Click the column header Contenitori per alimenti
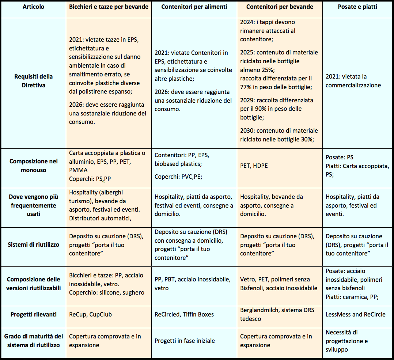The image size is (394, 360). (194, 7)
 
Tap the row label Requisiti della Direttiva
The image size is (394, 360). (33, 81)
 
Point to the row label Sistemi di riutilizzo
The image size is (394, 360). (33, 245)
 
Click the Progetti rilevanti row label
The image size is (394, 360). (33, 314)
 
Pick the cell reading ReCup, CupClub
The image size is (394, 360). (90, 314)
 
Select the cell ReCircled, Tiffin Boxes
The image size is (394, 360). (183, 314)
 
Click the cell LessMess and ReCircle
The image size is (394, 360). (355, 314)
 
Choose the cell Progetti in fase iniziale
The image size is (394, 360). (185, 341)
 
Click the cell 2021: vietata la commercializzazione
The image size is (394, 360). (353, 81)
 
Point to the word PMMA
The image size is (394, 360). (78, 170)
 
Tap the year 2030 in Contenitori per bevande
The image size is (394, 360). (247, 130)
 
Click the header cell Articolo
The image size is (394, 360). (33, 7)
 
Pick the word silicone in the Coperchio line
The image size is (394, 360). (109, 293)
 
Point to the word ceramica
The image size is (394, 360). (354, 297)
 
